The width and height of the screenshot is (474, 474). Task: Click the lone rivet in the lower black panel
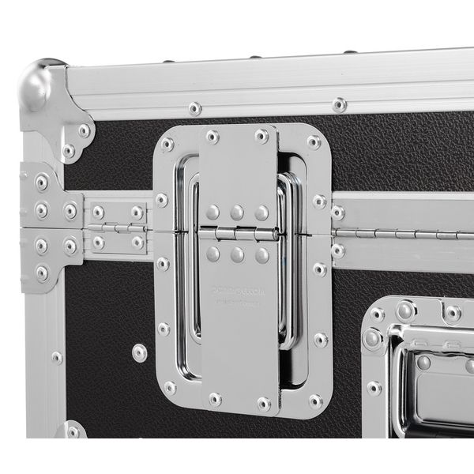coord(140,352)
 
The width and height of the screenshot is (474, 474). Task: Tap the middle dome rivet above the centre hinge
coord(237,213)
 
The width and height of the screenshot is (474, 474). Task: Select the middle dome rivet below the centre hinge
coord(237,254)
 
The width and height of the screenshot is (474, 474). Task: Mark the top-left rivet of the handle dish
coord(167,144)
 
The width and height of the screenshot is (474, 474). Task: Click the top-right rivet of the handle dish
coord(314,142)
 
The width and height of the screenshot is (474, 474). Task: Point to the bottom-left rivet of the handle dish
coord(170,388)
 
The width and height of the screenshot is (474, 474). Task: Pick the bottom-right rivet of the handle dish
coord(315,401)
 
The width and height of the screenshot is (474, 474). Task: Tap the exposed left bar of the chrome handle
coord(190,261)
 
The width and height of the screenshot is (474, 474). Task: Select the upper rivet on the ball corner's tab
coord(83,130)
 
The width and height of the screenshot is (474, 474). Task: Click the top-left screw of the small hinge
coord(98,212)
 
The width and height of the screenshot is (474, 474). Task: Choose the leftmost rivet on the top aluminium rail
coord(194,108)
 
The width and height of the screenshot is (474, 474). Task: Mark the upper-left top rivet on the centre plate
coord(213,137)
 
